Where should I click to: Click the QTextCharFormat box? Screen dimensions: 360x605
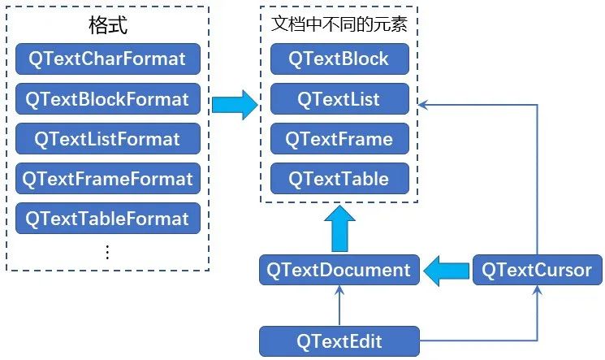click(x=106, y=59)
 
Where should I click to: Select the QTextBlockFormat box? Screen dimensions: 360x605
click(x=106, y=99)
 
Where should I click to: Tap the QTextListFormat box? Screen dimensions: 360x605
click(x=106, y=139)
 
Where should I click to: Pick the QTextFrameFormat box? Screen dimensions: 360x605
click(x=106, y=179)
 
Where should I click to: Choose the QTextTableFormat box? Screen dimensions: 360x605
click(x=106, y=219)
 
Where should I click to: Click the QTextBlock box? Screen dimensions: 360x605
click(x=340, y=59)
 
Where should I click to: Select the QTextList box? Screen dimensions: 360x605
click(x=340, y=99)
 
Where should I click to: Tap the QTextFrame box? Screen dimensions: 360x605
click(x=340, y=139)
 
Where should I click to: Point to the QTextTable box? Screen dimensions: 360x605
click(x=340, y=179)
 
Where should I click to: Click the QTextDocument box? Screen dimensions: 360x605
click(x=339, y=270)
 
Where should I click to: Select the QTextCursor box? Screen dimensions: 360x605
click(x=537, y=270)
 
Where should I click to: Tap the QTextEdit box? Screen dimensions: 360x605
click(x=339, y=340)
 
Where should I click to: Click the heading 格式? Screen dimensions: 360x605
click(x=107, y=25)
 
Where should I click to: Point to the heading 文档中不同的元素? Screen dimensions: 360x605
click(x=339, y=24)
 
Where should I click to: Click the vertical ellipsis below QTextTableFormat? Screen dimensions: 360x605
click(x=107, y=252)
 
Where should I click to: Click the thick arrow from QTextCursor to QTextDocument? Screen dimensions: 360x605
click(x=446, y=270)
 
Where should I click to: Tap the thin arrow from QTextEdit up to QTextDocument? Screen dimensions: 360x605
click(x=339, y=306)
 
